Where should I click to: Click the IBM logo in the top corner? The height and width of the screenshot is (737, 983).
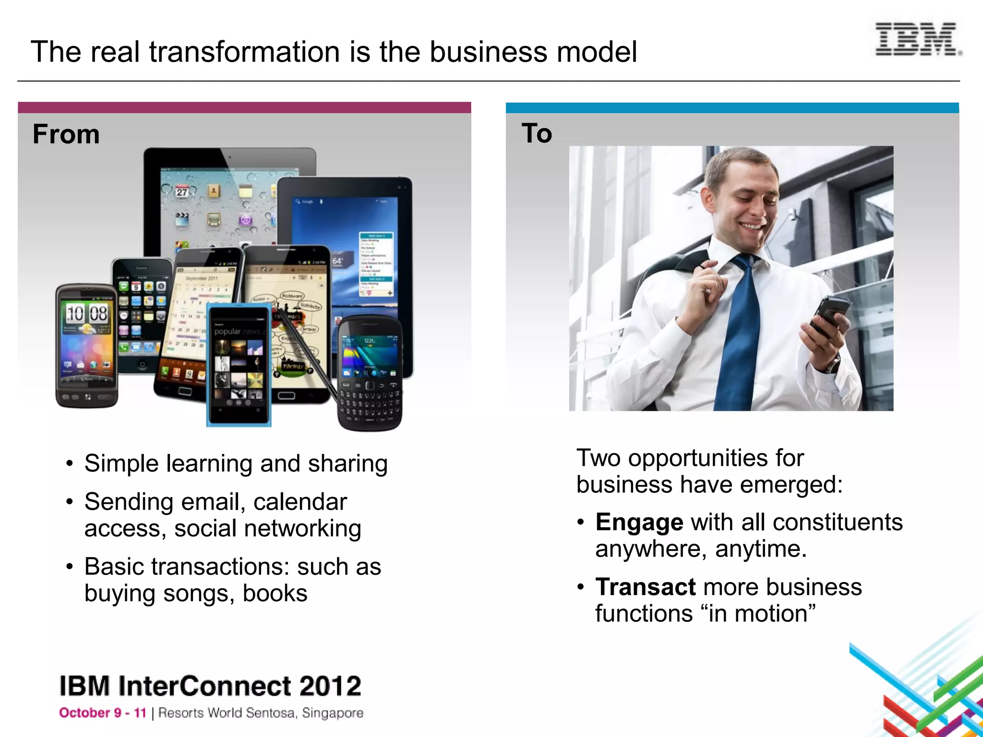pos(917,39)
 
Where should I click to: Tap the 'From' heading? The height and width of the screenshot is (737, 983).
pos(66,134)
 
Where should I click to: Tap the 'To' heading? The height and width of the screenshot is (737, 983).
pos(537,133)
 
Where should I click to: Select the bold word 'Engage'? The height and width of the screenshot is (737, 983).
pos(639,522)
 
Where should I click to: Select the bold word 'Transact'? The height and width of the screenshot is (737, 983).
pos(645,587)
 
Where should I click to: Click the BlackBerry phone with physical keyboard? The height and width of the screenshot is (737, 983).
pos(370,374)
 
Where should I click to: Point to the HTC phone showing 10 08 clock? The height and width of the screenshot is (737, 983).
pos(86,345)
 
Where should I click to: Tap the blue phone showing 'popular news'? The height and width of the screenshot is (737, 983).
pos(239,365)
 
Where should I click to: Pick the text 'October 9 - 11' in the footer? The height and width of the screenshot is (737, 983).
pos(102,713)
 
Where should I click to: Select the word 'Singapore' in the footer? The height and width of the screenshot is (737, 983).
pos(332,713)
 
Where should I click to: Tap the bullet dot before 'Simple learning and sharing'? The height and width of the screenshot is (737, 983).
pos(70,464)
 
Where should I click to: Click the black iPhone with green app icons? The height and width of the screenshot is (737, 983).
pos(142,312)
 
